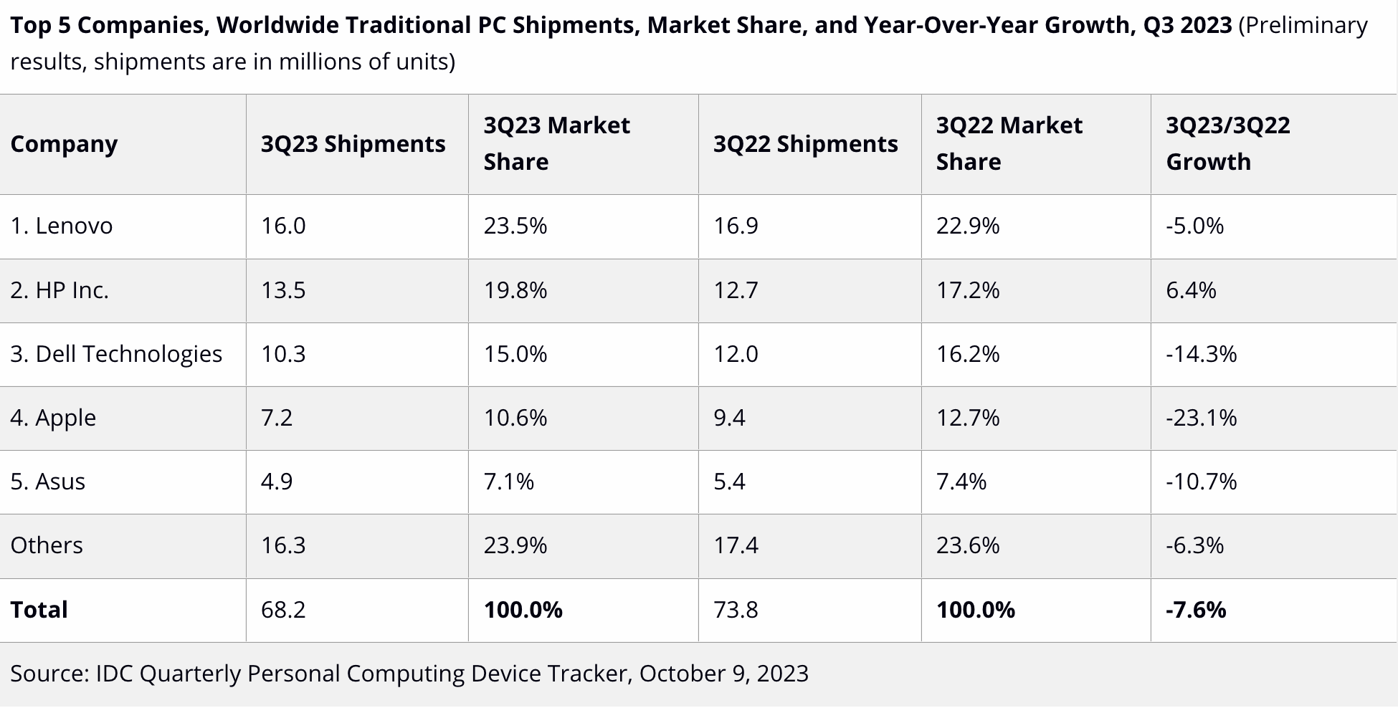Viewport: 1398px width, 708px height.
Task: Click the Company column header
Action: point(64,144)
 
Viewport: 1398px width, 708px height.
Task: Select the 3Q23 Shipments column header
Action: point(353,144)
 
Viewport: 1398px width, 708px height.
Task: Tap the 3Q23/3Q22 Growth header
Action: point(1227,143)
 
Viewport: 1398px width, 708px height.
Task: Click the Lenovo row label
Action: point(62,226)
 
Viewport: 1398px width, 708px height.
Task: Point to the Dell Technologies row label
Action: point(116,354)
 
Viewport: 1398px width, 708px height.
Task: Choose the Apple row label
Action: point(53,418)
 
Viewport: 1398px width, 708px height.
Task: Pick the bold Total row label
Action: point(39,610)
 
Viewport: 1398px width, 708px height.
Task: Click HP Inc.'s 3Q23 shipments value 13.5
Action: point(283,290)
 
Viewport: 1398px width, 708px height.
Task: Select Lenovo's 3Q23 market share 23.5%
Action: point(515,226)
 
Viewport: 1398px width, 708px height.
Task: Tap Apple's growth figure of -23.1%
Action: point(1201,418)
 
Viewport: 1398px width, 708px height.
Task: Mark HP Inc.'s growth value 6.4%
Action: point(1191,290)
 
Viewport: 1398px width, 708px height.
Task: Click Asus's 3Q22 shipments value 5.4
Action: point(729,482)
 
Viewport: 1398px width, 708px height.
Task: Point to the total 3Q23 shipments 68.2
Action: point(283,610)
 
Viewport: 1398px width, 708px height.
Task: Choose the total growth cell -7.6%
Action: point(1196,610)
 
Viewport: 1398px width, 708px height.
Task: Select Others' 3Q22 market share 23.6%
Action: point(967,545)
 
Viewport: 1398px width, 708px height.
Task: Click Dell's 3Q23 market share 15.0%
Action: point(515,354)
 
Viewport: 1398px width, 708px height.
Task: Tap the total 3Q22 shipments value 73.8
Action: point(736,610)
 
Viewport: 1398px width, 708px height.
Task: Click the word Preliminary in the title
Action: point(1303,25)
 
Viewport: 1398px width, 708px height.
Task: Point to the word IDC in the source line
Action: point(114,674)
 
